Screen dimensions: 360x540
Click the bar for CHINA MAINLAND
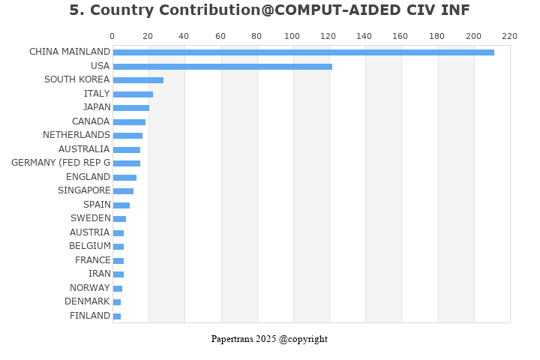[303, 52]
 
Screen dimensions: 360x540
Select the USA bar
[222, 67]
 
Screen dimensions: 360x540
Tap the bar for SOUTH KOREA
[138, 80]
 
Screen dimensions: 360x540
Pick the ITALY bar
[133, 94]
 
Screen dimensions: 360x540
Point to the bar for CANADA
[129, 122]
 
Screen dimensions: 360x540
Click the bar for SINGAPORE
[123, 191]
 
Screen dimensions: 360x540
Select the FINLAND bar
[117, 316]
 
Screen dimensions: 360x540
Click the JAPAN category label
[97, 107]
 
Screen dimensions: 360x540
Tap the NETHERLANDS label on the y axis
[76, 135]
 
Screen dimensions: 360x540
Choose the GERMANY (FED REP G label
[61, 163]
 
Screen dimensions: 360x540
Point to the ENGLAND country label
[88, 177]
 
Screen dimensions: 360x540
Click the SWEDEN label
[91, 218]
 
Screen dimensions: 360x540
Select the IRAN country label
[100, 274]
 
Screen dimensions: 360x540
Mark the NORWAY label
[90, 288]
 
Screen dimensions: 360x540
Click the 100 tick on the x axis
[292, 36]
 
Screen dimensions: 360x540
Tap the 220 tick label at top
[510, 36]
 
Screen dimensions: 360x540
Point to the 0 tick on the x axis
[112, 36]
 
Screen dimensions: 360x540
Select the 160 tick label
[401, 36]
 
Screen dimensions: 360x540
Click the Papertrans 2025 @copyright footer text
[269, 339]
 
